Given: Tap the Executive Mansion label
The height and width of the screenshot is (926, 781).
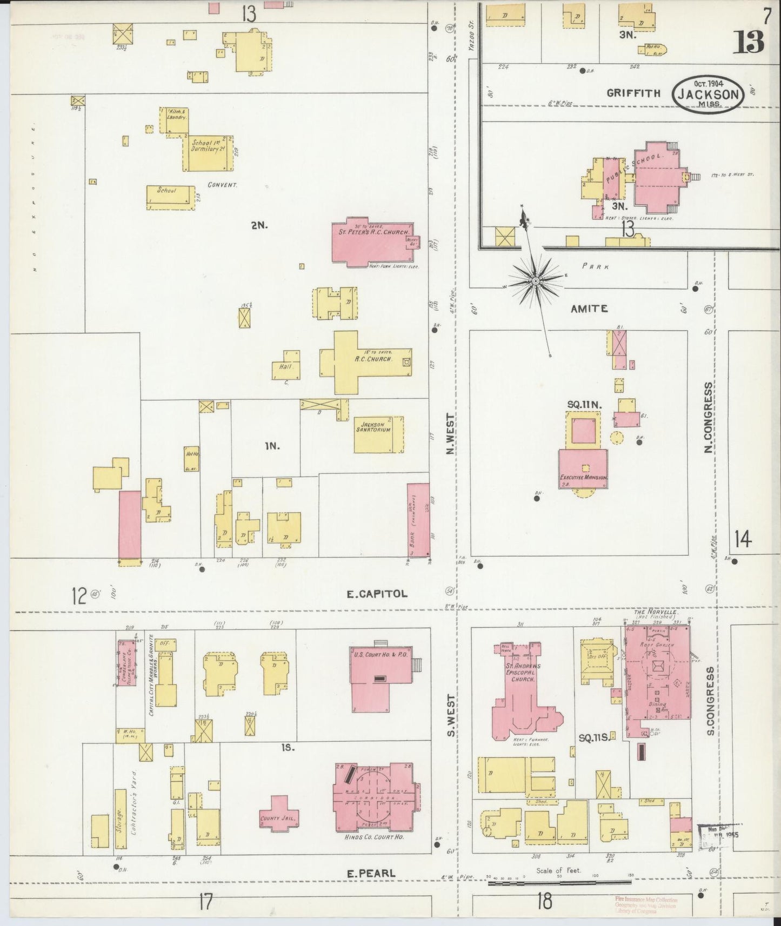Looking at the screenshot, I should (584, 478).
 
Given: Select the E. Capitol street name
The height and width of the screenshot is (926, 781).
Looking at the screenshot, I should (377, 594).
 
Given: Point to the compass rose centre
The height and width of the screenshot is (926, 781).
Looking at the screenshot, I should (535, 281).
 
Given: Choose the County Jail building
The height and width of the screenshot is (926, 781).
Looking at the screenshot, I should (277, 818).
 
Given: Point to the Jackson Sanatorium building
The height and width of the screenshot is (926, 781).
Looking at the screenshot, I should (379, 434).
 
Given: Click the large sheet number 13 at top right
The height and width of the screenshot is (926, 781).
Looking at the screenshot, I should (749, 42).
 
